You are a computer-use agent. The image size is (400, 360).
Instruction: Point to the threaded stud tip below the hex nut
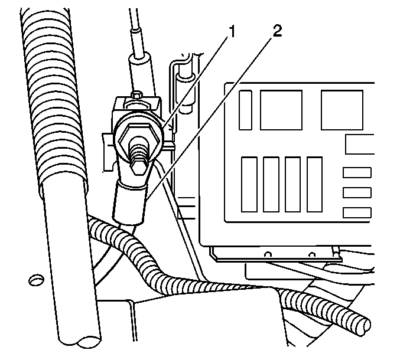point(139,167)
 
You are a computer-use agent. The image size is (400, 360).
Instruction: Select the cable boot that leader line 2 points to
point(129,204)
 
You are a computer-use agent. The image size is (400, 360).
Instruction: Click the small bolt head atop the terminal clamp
point(136,94)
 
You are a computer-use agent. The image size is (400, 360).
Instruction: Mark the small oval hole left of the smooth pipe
point(36,280)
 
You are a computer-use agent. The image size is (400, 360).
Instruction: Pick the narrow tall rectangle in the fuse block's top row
point(245,110)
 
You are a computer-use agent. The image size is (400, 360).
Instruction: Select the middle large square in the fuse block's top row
point(281,110)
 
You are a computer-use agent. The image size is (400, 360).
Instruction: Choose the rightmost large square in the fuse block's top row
point(342,110)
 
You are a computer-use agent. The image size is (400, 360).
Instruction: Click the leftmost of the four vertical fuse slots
point(249,185)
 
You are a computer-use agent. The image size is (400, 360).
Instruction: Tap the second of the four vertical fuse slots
point(271,185)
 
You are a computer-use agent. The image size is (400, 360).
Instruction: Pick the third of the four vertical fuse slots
point(292,185)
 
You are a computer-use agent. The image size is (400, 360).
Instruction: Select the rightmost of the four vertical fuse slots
point(314,185)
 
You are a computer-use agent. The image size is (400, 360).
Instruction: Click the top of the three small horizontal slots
point(357,172)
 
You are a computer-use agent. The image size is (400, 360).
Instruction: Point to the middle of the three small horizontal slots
point(357,192)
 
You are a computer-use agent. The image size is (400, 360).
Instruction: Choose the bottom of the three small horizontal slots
point(357,212)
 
